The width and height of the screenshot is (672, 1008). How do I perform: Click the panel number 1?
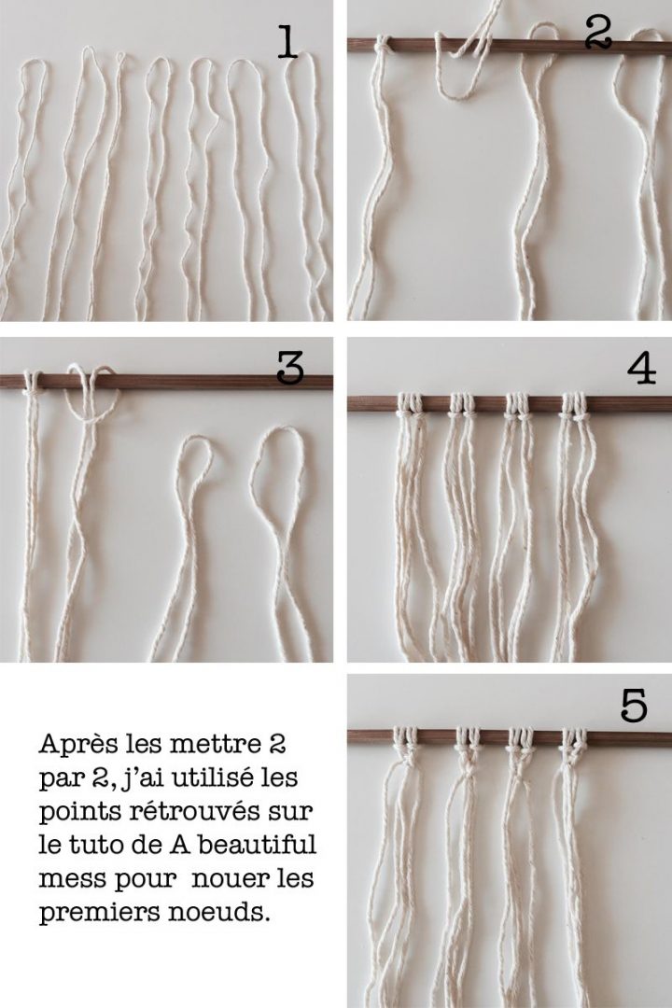coord(287,42)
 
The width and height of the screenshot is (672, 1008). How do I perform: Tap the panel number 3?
coord(290,371)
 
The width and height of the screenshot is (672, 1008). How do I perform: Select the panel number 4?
coord(641,370)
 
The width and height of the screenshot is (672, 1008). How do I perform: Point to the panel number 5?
coord(634,707)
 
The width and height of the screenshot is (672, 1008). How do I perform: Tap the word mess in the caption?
coord(65,879)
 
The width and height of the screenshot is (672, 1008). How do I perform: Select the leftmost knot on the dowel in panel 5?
coord(406,738)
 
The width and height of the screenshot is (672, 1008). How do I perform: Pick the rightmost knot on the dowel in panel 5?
coord(574,738)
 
